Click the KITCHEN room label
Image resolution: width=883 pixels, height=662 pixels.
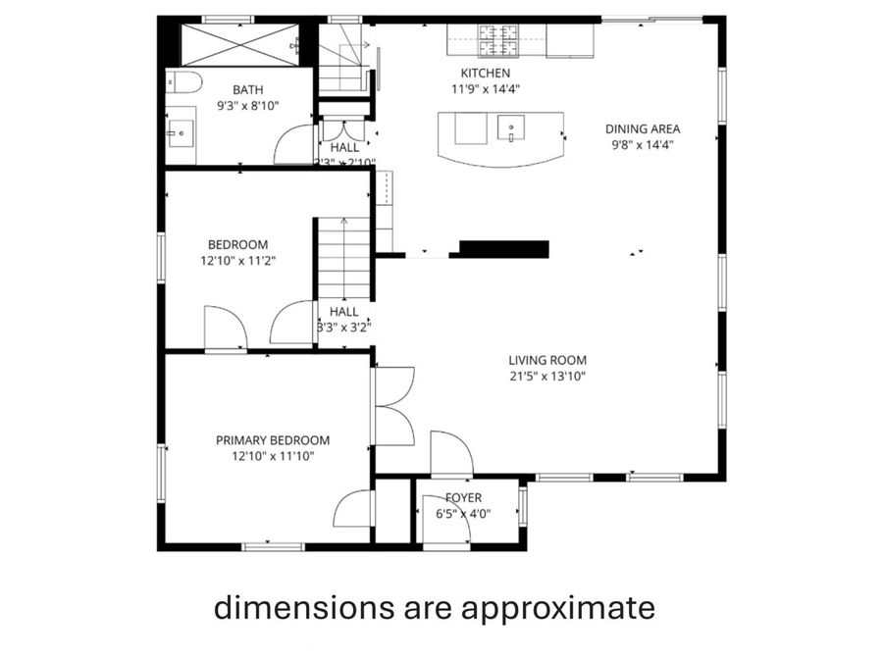(486, 74)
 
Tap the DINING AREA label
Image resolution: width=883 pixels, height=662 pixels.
(643, 128)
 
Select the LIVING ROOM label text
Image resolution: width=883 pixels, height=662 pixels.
(547, 359)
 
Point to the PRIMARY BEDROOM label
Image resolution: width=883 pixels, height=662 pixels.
(273, 440)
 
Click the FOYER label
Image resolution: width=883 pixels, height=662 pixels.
(463, 498)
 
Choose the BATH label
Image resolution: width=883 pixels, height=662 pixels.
(247, 89)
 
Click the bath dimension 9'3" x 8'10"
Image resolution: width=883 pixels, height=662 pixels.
(247, 105)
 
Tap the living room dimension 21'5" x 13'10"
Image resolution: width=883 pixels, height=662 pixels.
(547, 375)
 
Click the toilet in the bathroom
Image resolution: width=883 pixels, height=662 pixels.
(183, 80)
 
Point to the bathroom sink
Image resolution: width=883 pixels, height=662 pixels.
(180, 131)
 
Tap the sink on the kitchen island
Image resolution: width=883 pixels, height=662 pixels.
(511, 127)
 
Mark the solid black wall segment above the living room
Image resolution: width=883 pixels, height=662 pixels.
(503, 248)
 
